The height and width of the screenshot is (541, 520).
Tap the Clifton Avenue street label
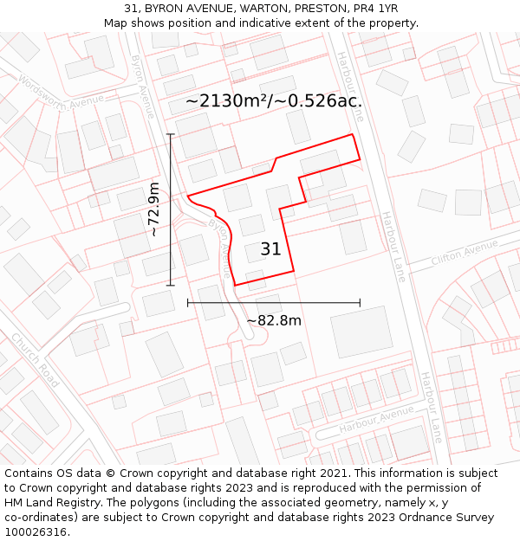tap(465, 254)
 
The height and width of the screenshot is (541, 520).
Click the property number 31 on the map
tap(270, 249)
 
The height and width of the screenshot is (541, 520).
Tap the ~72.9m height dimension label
tap(154, 209)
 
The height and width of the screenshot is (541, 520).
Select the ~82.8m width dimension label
tap(274, 320)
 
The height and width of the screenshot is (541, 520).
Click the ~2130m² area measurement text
tap(227, 101)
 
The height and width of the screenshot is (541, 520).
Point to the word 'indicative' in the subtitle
tap(263, 23)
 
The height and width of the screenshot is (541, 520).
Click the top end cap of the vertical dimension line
tap(171, 134)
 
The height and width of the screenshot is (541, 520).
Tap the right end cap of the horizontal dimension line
tap(360, 302)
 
